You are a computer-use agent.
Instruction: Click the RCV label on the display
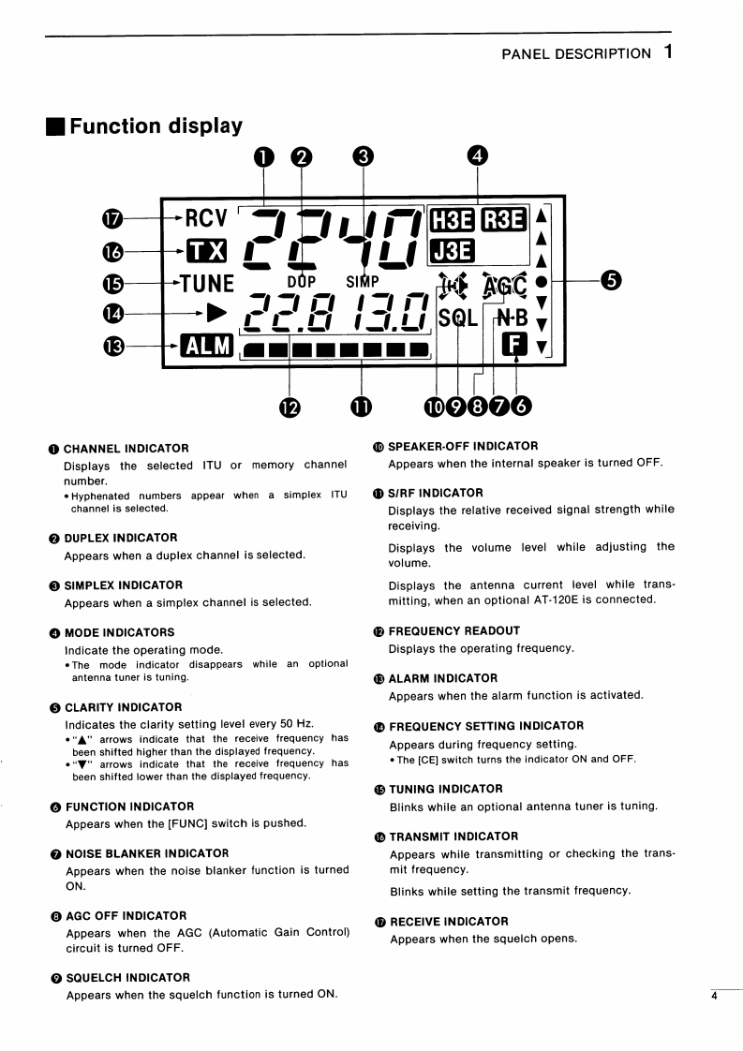pos(206,218)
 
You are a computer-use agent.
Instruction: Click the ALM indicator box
pos(207,346)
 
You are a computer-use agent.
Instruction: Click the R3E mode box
pos(503,220)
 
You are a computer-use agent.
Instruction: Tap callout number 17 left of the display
pos(112,218)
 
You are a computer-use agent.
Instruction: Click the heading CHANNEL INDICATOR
pos(126,449)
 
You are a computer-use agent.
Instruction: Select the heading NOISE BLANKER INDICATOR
pos(146,853)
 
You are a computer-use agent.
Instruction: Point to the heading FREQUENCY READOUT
pos(454,631)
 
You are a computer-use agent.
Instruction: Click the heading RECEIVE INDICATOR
pos(449,922)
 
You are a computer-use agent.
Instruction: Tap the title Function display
pos(156,126)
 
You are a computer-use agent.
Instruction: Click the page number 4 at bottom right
pos(713,996)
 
